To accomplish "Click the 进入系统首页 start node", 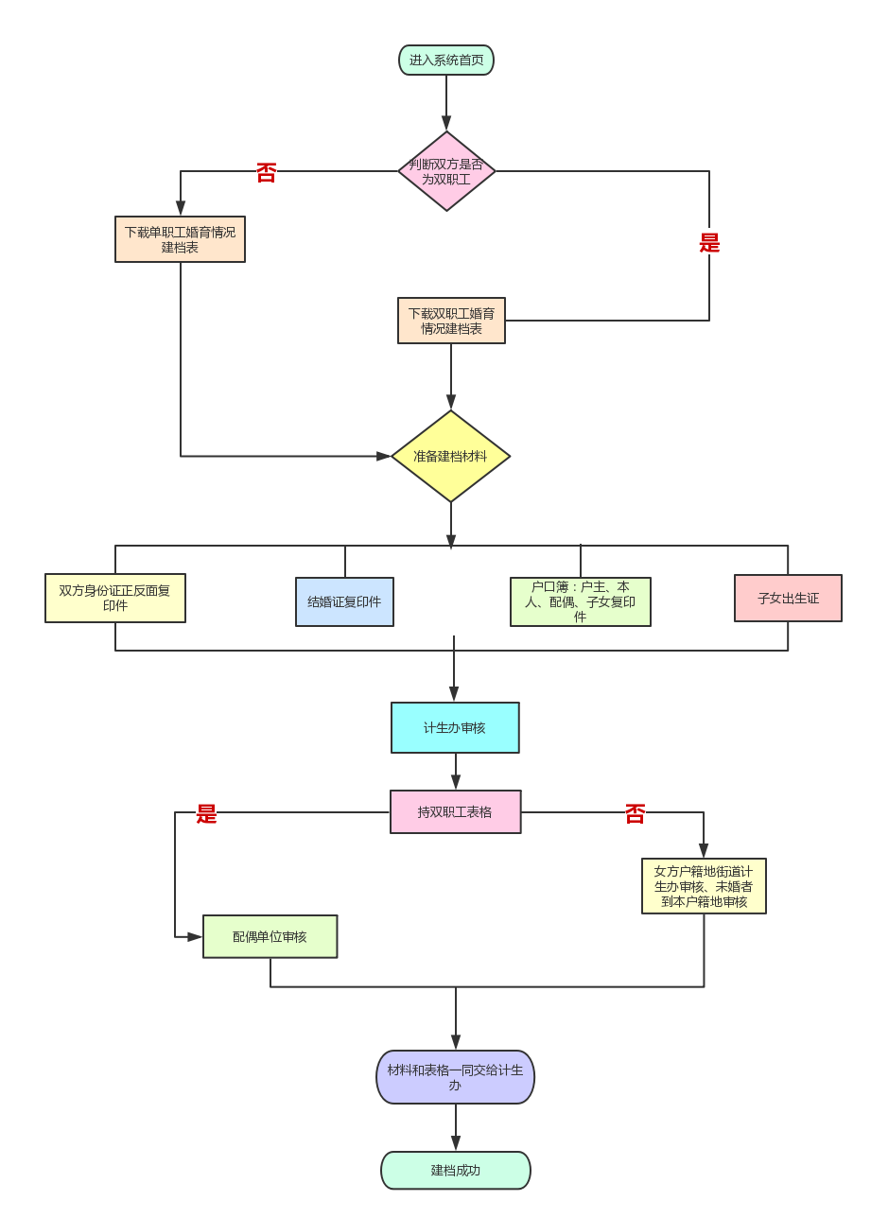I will click(446, 61).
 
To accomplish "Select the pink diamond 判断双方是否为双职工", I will click(446, 171).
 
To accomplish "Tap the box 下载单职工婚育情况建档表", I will click(180, 239).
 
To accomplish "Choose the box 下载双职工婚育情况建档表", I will click(451, 321).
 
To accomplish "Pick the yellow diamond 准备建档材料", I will click(450, 456).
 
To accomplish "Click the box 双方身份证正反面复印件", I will click(115, 598).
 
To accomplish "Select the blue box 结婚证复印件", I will click(344, 601).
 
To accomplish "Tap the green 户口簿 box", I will click(580, 601).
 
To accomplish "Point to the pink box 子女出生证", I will click(788, 598).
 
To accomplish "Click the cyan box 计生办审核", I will click(455, 727).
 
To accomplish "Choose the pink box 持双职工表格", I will click(455, 811).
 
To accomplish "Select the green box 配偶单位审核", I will click(270, 936).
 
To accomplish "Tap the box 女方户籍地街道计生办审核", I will click(704, 886).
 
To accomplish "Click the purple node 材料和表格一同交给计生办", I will click(455, 1077).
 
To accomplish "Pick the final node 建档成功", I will click(455, 1170).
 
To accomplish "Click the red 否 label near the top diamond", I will click(267, 173).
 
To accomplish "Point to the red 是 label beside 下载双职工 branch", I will click(709, 243).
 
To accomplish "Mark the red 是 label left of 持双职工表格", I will click(207, 814).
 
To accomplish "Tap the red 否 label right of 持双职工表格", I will click(635, 814).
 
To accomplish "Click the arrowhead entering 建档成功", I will click(456, 1143).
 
